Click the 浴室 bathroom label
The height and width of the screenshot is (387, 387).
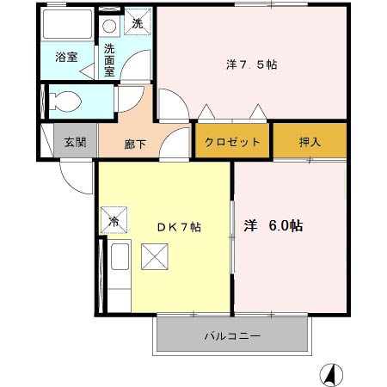tap(66, 58)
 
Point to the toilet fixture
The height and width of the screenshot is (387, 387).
tap(64, 101)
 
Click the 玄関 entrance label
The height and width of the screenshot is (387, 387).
tap(75, 142)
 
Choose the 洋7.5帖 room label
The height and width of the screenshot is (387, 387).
tap(251, 64)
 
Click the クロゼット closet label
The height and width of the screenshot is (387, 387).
tap(233, 142)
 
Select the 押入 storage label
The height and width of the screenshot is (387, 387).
tap(310, 142)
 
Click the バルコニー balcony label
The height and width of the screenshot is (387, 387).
tap(231, 335)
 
